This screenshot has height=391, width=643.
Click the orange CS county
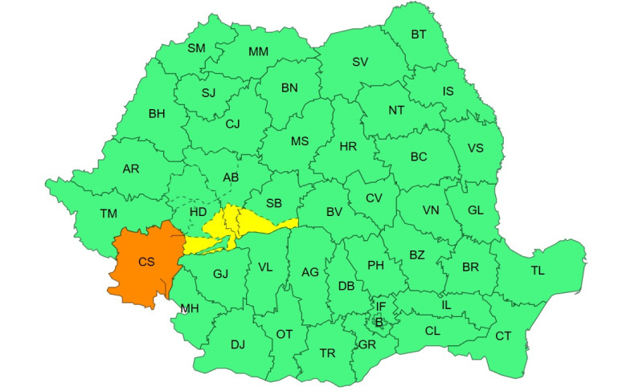coord(145,263)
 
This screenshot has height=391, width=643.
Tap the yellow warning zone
coord(241,224)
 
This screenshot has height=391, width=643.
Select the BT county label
coord(419,35)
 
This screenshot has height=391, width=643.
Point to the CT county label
coord(503,336)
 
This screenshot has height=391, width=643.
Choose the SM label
coord(197,48)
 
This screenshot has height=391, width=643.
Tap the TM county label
coord(109,214)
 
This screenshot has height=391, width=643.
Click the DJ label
coord(237,344)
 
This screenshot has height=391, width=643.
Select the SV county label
coord(360,62)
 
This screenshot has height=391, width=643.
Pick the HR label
coord(348,147)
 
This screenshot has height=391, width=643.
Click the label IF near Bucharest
coord(381,306)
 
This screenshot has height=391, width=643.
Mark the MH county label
coord(190,308)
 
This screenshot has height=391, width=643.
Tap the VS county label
coord(475,148)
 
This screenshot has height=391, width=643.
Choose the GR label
coord(367,344)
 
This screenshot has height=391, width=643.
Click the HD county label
coord(198,211)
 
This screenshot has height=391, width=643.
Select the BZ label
coord(417,255)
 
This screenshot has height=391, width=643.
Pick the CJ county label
coord(232,124)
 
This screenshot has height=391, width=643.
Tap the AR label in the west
coord(131,169)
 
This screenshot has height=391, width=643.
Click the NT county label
coord(396,112)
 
